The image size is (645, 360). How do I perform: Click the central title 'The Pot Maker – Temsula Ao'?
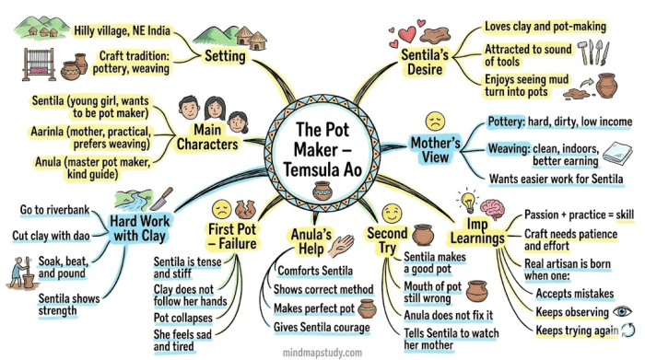tap(322, 149)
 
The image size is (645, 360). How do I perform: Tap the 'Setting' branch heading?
tap(225, 56)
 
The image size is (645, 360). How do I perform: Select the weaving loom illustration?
tap(39, 64)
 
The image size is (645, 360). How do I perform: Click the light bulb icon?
tap(468, 201)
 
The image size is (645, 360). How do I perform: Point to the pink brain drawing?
tap(492, 209)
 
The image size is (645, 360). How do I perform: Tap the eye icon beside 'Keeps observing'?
tap(622, 311)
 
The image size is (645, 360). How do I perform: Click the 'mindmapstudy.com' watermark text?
tap(322, 353)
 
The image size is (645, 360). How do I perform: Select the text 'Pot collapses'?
tap(183, 318)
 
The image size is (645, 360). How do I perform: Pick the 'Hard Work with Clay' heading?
tap(139, 228)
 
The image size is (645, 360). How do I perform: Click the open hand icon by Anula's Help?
tap(342, 246)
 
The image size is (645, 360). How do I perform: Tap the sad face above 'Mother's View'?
tap(435, 122)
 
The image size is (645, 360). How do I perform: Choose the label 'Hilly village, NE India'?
tap(122, 30)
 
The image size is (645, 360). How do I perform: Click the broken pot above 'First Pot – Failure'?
tap(245, 209)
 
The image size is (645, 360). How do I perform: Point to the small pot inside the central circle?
tap(322, 191)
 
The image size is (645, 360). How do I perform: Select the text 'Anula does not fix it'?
tap(449, 315)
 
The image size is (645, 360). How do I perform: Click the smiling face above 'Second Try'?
tap(392, 214)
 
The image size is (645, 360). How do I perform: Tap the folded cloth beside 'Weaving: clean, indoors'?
tap(617, 153)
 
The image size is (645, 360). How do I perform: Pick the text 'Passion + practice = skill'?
tap(580, 215)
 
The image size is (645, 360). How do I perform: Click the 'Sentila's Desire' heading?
tap(425, 62)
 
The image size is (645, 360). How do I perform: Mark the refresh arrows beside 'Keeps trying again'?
tap(628, 330)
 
